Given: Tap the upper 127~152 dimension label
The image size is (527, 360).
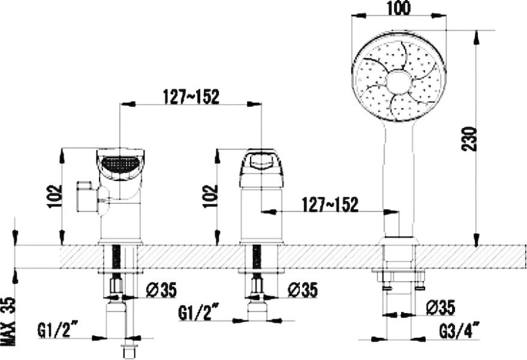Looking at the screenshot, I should click(x=190, y=96).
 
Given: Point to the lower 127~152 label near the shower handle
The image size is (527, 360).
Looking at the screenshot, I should click(x=331, y=205).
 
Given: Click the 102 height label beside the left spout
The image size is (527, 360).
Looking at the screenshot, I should click(x=54, y=194).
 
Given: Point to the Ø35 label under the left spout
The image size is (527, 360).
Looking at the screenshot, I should click(x=161, y=290).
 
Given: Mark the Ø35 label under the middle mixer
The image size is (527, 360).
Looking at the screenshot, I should click(x=303, y=290).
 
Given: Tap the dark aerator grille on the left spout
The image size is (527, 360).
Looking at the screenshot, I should click(x=121, y=163).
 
